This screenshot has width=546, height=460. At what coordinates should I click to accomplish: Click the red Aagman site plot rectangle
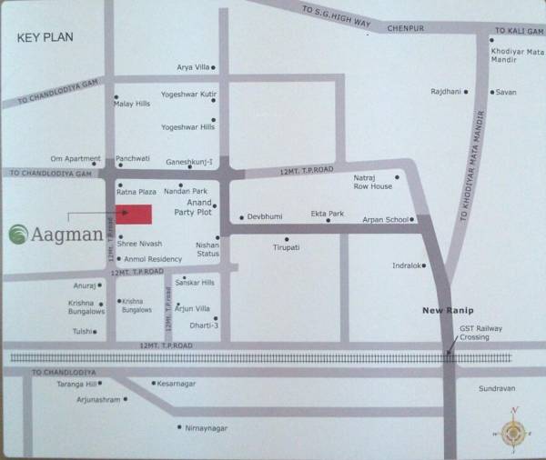(x=133, y=215)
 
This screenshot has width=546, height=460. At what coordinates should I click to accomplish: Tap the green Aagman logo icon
(x=17, y=235)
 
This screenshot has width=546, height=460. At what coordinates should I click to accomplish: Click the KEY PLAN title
(x=45, y=38)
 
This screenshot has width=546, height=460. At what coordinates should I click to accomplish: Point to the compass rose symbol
(x=513, y=432)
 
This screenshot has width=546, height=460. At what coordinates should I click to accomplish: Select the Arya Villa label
(x=193, y=68)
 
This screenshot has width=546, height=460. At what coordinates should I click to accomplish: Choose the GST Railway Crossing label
(x=480, y=333)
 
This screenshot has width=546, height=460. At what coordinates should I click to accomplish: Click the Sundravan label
(x=497, y=388)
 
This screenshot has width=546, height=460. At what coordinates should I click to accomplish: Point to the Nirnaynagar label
(x=207, y=427)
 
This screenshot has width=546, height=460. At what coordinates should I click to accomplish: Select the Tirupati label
(x=287, y=247)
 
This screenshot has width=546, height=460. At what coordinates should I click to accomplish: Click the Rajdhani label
(x=447, y=92)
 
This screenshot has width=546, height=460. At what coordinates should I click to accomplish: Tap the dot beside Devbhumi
(x=241, y=218)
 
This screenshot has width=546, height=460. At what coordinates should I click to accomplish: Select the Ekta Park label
(x=327, y=214)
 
